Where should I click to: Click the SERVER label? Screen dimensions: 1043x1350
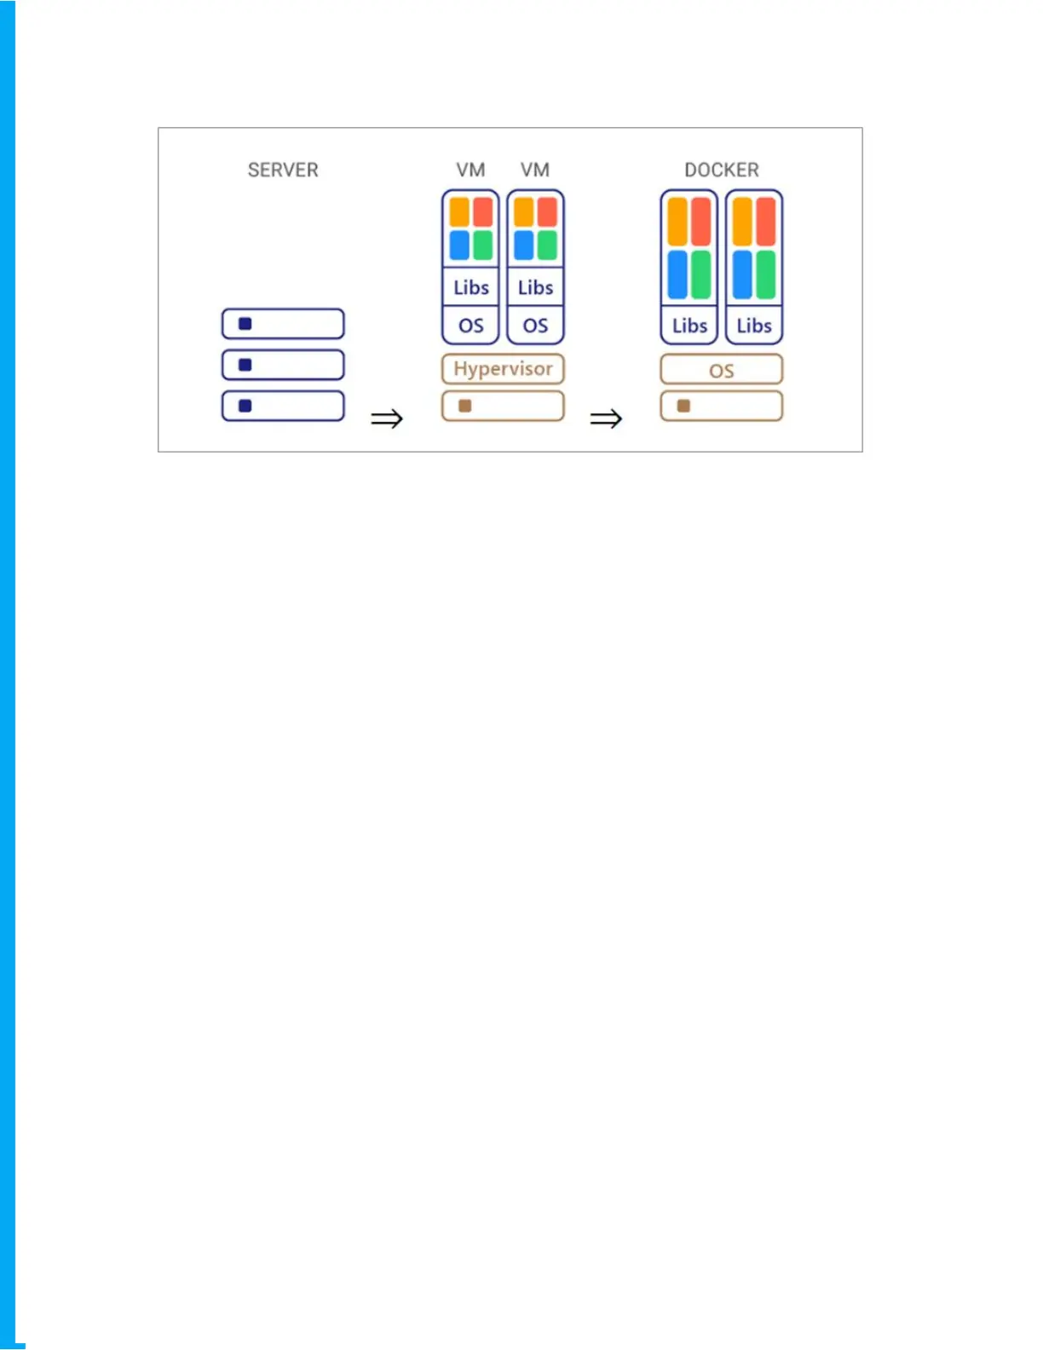pos(283,170)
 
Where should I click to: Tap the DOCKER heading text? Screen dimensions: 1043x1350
pos(721,170)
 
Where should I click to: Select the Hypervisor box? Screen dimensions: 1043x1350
pos(503,369)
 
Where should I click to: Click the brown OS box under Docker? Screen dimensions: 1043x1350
pos(721,370)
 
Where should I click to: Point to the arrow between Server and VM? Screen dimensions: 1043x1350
pos(386,418)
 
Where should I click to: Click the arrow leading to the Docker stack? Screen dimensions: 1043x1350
pos(606,418)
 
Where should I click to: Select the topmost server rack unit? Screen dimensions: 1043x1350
pos(283,324)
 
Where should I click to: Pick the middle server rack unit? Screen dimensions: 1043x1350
pos(283,365)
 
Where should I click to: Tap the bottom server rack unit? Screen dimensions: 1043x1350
pos(283,406)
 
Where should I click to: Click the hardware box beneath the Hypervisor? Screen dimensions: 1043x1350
pos(503,406)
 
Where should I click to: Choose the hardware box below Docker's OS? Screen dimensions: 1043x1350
pos(721,406)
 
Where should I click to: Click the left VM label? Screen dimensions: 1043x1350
pos(470,170)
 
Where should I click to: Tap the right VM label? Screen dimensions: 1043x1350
pos(535,170)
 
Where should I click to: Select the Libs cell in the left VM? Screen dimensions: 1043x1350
pos(470,287)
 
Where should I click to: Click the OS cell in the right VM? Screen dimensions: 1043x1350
pos(535,326)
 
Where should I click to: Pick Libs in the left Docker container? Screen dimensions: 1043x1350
pos(689,326)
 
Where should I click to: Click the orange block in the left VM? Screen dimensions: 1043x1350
pos(459,211)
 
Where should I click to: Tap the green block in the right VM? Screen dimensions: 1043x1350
pos(547,245)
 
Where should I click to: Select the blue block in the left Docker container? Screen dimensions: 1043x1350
pos(677,274)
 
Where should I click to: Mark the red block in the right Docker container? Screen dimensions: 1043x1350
pos(766,222)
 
